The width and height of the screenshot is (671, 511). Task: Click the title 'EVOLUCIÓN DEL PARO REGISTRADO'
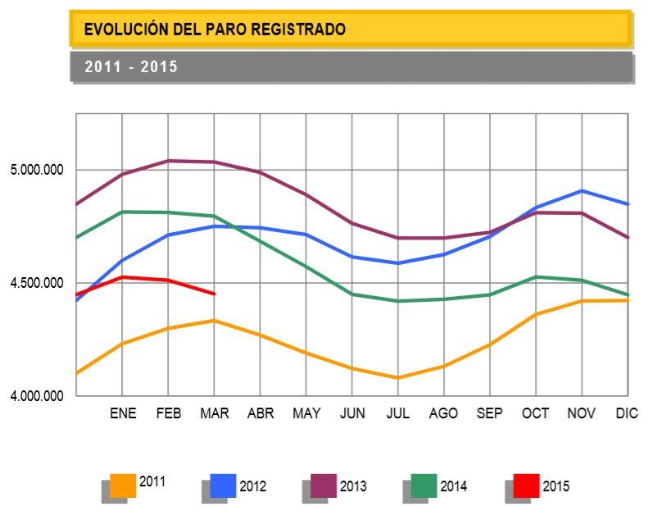tap(215, 30)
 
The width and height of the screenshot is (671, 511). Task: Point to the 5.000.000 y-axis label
tap(37, 171)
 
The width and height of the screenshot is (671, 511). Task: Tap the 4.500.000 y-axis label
tap(37, 284)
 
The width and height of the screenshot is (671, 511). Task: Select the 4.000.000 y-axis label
tap(37, 397)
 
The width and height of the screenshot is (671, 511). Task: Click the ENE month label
tap(123, 413)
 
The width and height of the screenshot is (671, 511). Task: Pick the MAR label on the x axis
tap(214, 413)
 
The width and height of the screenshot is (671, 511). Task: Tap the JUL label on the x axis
tap(397, 413)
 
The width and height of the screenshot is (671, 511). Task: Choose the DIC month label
tap(627, 413)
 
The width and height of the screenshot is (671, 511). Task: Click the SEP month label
tap(490, 413)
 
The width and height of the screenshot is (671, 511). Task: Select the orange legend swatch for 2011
tap(123, 486)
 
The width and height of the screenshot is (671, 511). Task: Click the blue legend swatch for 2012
tap(223, 486)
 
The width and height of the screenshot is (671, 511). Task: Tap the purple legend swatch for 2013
tap(324, 486)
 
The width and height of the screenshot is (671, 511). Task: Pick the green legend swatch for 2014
tap(424, 486)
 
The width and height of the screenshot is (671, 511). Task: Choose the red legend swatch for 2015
tap(526, 486)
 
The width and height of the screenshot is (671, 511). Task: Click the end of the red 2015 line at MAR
tap(214, 294)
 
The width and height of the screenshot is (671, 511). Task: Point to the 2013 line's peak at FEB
tap(169, 161)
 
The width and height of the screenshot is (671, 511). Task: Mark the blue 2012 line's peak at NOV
tap(582, 191)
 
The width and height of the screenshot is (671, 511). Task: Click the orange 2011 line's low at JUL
tap(398, 378)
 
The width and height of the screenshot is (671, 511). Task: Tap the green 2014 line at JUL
tap(398, 301)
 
